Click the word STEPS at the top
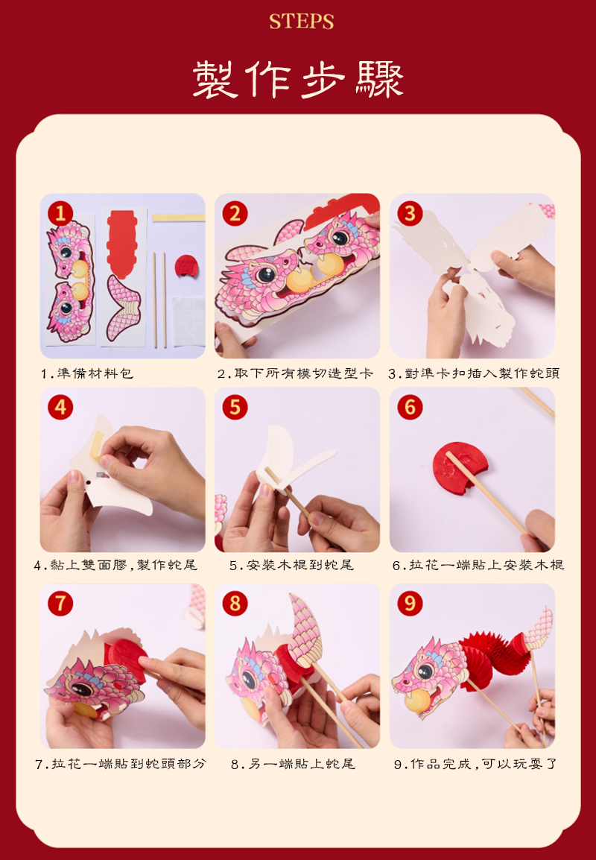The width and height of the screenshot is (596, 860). [x=301, y=22]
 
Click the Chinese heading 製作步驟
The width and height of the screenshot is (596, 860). [x=298, y=80]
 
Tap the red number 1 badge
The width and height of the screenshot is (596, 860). [x=60, y=213]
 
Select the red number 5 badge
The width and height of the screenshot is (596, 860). [x=235, y=407]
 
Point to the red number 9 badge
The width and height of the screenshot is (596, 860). [x=410, y=604]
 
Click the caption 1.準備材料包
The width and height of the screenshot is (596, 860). [x=86, y=373]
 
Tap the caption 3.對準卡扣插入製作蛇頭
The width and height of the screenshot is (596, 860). [x=474, y=373]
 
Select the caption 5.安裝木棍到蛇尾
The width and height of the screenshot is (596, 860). [x=292, y=565]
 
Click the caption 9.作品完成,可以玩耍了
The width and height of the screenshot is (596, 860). [x=475, y=763]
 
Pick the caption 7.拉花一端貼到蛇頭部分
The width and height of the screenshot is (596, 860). [x=121, y=763]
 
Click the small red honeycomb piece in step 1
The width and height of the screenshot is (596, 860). [x=186, y=265]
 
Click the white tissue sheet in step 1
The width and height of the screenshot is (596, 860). [x=188, y=322]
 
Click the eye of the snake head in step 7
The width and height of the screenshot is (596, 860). [x=84, y=689]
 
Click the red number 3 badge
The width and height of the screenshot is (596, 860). [x=410, y=213]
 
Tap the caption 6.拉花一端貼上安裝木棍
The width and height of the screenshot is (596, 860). [x=478, y=565]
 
